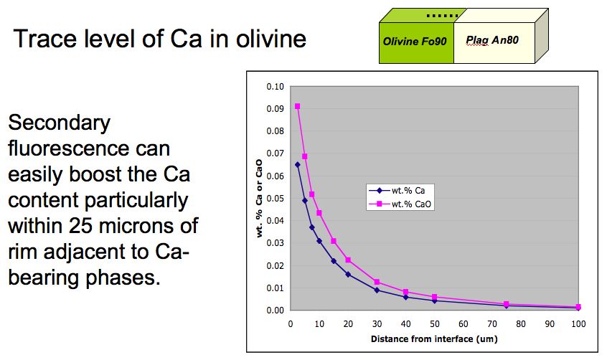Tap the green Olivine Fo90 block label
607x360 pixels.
[415, 42]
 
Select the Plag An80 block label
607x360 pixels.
[492, 40]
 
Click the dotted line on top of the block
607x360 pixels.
[442, 16]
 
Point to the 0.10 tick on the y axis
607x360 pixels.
[276, 87]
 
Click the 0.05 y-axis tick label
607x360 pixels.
[276, 199]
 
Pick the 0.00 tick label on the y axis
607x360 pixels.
[276, 311]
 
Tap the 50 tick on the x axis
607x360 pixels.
[435, 324]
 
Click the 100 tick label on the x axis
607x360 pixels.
[578, 324]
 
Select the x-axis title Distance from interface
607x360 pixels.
[422, 339]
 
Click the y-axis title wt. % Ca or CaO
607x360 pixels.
[259, 199]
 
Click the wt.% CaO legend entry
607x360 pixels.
[400, 204]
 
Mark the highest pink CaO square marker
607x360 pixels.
[297, 106]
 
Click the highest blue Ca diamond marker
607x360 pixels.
[297, 165]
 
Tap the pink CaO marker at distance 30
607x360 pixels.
[377, 282]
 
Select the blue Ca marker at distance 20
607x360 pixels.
[348, 275]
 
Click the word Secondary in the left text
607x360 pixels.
[60, 123]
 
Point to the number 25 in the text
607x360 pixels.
[83, 226]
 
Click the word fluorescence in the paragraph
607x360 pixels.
[89, 148]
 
